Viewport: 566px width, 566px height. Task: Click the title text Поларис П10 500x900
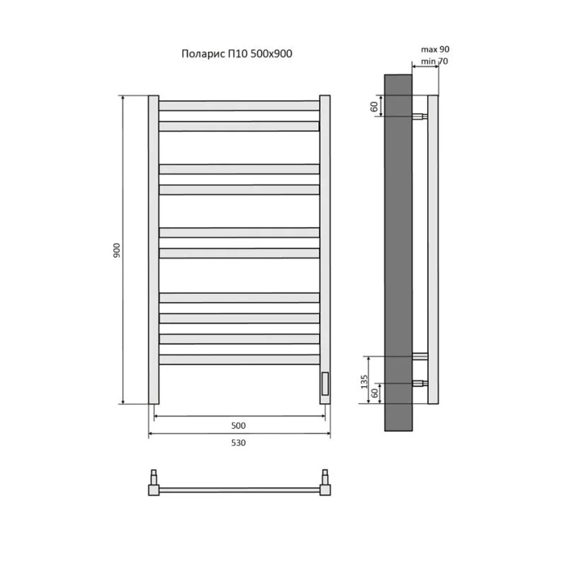tap(237, 54)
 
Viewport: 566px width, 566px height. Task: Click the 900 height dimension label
tap(117, 250)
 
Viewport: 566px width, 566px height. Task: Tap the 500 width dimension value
tap(238, 425)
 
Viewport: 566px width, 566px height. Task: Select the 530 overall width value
tap(238, 443)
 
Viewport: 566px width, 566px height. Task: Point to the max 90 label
tap(435, 49)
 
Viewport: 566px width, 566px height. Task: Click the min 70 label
tap(434, 61)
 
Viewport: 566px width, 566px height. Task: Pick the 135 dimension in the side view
tap(364, 381)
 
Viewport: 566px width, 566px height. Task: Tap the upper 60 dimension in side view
tap(374, 107)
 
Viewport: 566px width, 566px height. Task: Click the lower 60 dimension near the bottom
tap(375, 393)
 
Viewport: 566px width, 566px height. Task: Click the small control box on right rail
tap(325, 383)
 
